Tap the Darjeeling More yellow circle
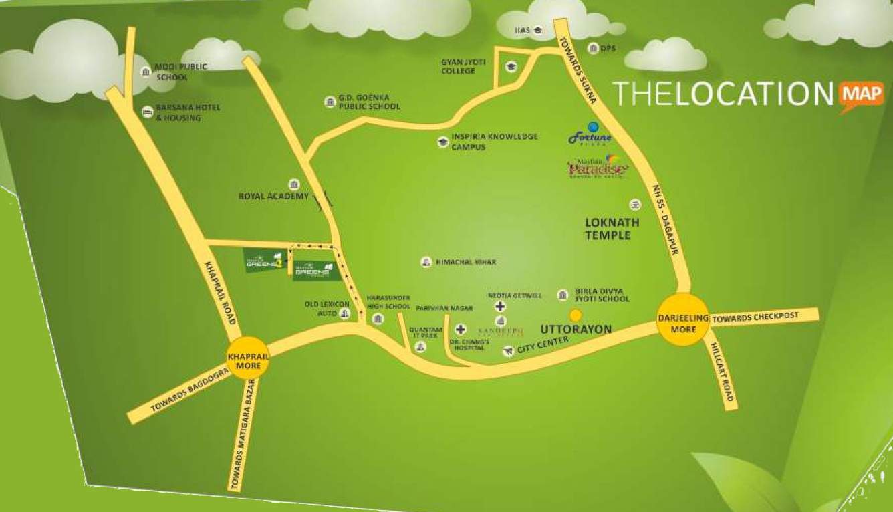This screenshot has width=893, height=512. click(x=683, y=319)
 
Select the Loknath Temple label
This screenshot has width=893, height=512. click(x=612, y=229)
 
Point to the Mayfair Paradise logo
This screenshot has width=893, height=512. click(x=598, y=168)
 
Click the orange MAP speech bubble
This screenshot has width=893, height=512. click(x=861, y=94)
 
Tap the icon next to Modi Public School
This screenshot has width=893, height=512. click(x=145, y=72)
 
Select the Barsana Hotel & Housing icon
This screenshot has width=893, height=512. click(x=146, y=112)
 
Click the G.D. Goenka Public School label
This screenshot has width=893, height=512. click(x=369, y=102)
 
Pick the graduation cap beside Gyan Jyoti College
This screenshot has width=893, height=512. click(x=511, y=66)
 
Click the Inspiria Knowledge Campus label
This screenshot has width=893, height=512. click(x=494, y=141)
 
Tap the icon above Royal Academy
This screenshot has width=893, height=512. click(x=293, y=184)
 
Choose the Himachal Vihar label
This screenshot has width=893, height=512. click(x=466, y=263)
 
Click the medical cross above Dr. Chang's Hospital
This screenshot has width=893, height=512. click(x=461, y=329)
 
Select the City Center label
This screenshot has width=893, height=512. click(x=542, y=344)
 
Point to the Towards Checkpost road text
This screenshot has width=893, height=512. click(x=755, y=317)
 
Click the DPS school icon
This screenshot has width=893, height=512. click(x=592, y=48)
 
